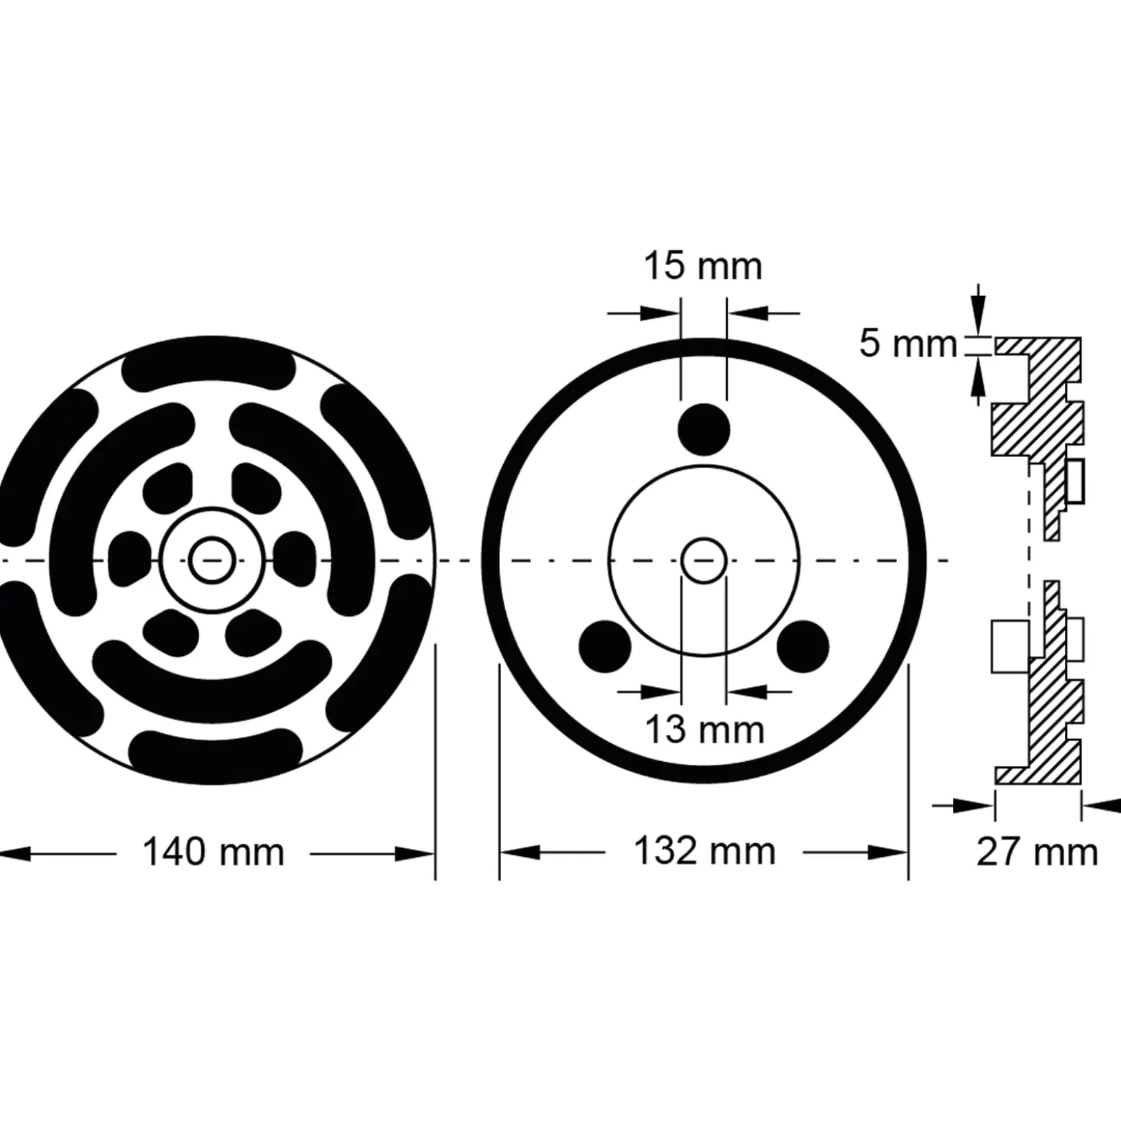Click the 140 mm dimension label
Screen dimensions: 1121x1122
coord(213,852)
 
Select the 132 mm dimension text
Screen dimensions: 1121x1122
coord(704,852)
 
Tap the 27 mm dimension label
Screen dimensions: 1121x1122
coord(1037,852)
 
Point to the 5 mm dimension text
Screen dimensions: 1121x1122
coord(908,344)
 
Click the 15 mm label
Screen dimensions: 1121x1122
coord(702,267)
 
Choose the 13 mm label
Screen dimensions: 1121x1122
coord(704,731)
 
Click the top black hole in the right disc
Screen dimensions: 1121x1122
coord(704,430)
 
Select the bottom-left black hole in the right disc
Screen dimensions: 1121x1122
coord(605,646)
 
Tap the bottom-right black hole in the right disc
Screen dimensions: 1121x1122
coord(803,646)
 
